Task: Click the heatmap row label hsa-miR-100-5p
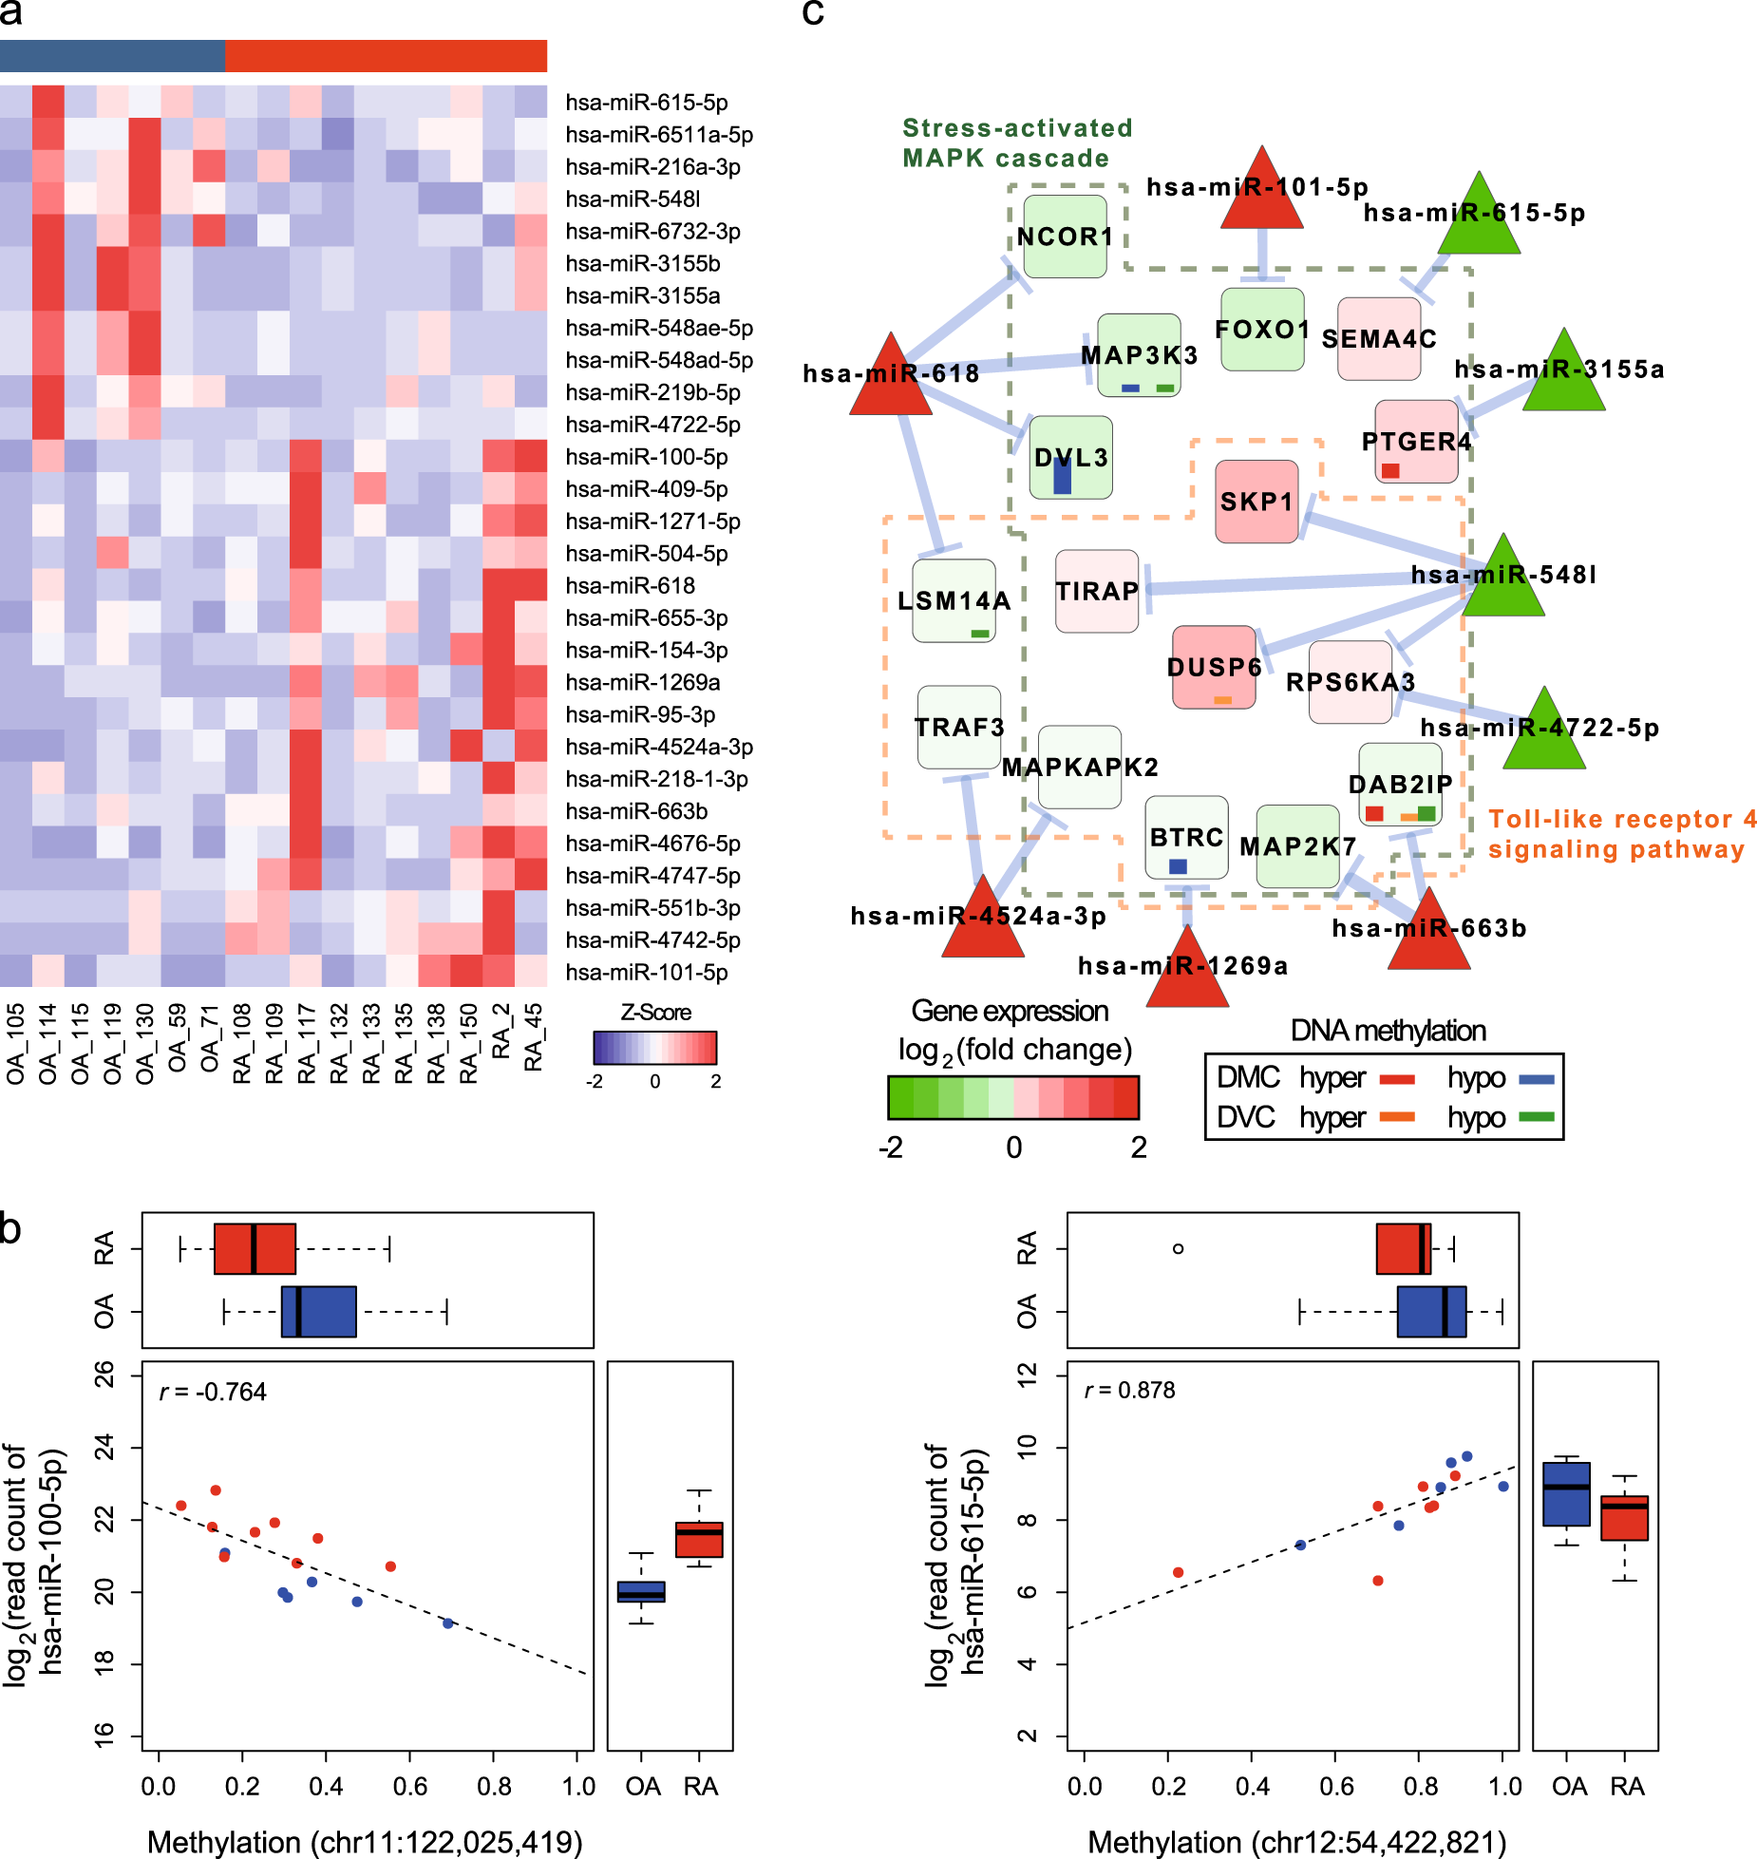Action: (x=646, y=457)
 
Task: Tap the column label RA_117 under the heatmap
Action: (x=306, y=1043)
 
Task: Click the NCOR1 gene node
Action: (x=1065, y=237)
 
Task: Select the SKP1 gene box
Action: (x=1256, y=502)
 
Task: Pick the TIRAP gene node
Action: (x=1096, y=591)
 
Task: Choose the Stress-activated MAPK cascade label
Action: (x=1015, y=142)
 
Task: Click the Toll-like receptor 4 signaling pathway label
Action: (x=1620, y=833)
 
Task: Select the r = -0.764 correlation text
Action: (x=213, y=1392)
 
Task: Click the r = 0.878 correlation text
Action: (x=1129, y=1390)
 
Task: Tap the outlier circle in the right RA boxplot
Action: (x=1178, y=1248)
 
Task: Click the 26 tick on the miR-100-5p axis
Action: (x=104, y=1374)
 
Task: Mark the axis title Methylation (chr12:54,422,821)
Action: (x=1296, y=1841)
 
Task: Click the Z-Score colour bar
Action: (x=654, y=1047)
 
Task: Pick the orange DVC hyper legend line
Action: (x=1396, y=1117)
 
